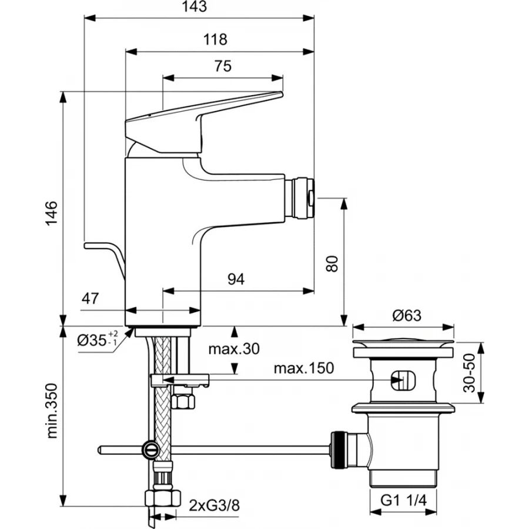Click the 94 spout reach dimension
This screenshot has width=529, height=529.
(236, 279)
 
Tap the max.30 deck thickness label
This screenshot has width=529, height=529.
(234, 349)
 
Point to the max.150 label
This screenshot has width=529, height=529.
(304, 369)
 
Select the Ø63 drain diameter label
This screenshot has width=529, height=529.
(405, 316)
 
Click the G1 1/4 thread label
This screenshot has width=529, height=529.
(404, 501)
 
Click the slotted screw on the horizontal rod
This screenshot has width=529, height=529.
(150, 451)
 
